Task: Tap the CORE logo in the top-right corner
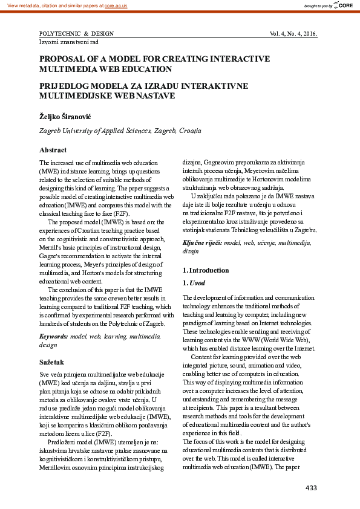pos(344,5)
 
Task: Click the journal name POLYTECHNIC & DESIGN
pos(76,33)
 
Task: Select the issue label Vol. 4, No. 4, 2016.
pos(293,33)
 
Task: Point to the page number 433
pos(311,488)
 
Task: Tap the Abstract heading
pos(53,150)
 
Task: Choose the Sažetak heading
pos(52,361)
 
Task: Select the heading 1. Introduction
pos(206,270)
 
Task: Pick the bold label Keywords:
pos(54,336)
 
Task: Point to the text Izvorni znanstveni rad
pos(68,42)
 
